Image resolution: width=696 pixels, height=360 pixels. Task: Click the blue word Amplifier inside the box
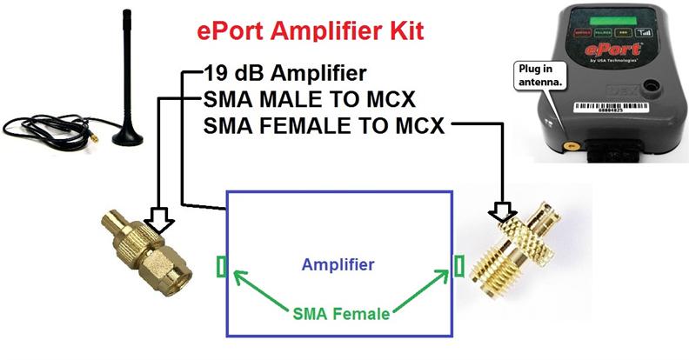(338, 263)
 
